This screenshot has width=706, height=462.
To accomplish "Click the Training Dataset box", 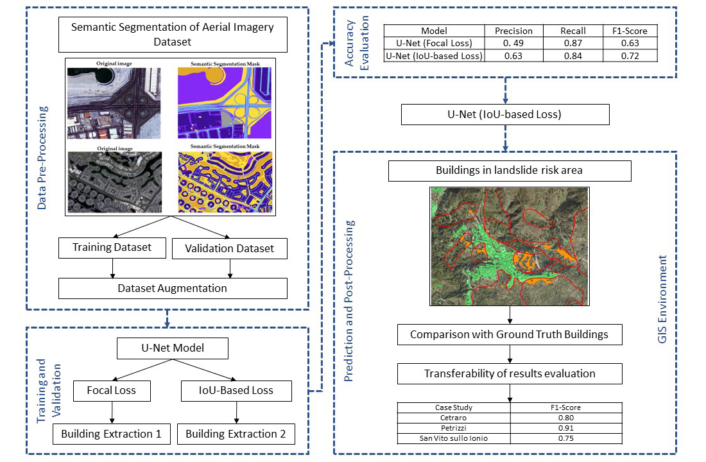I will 112,248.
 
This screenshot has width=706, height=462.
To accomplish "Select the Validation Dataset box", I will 229,248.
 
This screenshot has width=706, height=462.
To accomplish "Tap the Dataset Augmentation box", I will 172,288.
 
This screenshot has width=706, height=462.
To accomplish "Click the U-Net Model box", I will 173,349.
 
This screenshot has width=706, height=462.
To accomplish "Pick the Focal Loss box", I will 112,390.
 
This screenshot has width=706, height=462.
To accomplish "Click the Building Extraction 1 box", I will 111,434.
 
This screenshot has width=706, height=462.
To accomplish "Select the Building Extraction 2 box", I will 236,434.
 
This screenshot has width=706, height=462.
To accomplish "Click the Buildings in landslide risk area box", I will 510,171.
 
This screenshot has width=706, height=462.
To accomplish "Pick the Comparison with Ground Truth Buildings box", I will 509,334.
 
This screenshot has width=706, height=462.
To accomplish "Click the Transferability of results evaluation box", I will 509,373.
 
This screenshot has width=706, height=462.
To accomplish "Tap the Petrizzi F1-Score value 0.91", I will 565,427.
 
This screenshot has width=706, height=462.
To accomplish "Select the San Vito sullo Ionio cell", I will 454,438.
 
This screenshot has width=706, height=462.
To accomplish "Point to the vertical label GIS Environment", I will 663,300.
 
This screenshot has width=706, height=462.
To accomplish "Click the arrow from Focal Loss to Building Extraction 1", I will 112,411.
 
